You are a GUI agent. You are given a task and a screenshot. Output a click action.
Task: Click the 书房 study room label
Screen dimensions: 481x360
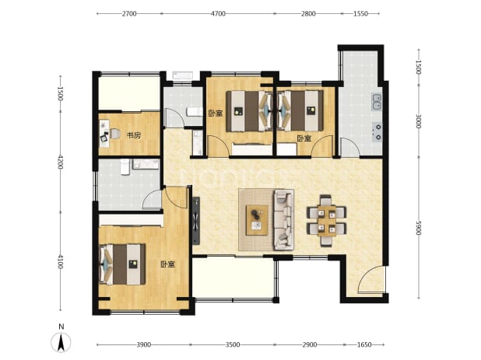134,135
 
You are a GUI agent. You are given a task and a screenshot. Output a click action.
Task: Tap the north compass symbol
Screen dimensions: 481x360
61,339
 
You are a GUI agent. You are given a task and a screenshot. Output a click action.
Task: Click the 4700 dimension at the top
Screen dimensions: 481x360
219,14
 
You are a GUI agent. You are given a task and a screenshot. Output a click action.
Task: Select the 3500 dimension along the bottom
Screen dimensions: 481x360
233,344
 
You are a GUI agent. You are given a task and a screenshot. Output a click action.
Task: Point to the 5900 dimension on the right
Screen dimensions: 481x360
419,228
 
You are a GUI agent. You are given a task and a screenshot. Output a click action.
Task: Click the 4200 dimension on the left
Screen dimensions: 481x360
60,162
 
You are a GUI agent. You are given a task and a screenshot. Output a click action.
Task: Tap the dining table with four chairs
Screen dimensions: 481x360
326,220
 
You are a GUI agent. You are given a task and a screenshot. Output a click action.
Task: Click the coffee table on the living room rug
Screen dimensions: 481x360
257,220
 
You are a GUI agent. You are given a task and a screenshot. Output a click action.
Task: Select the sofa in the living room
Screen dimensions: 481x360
284,219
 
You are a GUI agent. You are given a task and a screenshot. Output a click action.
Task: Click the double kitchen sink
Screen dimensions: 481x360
377,102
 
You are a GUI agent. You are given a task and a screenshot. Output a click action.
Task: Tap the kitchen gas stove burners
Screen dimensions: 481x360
377,132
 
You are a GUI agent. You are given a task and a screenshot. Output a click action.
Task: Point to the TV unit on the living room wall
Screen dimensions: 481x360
196,221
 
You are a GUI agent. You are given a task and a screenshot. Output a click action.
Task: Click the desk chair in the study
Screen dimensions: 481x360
114,135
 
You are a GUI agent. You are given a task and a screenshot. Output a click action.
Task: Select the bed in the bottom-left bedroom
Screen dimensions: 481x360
123,264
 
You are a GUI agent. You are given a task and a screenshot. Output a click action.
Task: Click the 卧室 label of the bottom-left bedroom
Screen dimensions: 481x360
167,264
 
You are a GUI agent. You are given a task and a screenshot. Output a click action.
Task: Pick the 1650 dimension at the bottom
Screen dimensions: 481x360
364,344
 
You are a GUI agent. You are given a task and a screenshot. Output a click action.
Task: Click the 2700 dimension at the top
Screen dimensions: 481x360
129,14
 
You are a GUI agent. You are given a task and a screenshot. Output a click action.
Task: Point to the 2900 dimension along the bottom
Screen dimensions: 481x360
309,344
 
